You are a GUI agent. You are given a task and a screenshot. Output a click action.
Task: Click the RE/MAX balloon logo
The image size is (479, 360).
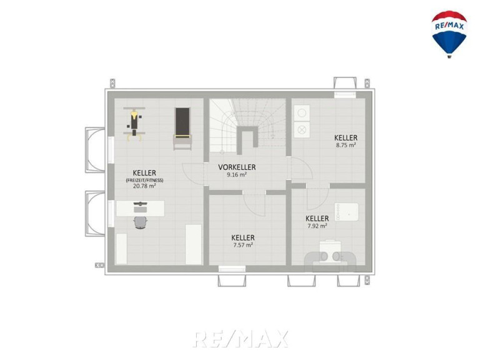[x=449, y=34]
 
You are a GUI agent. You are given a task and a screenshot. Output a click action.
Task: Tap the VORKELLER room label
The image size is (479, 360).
[x=237, y=167]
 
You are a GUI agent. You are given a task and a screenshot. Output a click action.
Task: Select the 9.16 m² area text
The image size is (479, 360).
[x=237, y=175]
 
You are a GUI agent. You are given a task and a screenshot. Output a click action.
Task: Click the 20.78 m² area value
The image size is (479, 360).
[x=144, y=186]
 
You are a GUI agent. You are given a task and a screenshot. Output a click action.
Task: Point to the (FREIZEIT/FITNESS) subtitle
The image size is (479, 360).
[x=144, y=180]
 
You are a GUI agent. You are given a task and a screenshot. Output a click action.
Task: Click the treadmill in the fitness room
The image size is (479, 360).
[x=183, y=128]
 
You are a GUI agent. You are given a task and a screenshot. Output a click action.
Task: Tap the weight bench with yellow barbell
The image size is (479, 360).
[x=134, y=124]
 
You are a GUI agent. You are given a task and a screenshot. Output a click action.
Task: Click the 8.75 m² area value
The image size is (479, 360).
[x=346, y=145]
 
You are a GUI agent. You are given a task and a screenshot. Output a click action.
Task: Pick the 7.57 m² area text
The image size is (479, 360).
[x=243, y=245]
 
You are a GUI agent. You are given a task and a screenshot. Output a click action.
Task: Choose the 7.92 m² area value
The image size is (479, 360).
[x=317, y=226]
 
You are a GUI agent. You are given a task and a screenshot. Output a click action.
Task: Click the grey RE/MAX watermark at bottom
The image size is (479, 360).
[x=240, y=339]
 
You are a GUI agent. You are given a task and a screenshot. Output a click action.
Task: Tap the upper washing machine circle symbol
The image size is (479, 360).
[x=302, y=113]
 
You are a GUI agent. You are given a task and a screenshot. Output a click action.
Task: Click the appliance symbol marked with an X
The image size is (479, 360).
[x=302, y=129]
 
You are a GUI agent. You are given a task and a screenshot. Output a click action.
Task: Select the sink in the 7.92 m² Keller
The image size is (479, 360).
[x=347, y=212]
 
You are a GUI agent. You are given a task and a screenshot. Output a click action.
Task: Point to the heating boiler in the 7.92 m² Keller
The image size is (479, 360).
[x=330, y=256]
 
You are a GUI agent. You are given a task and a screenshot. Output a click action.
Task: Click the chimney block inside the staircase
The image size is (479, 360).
[x=248, y=139]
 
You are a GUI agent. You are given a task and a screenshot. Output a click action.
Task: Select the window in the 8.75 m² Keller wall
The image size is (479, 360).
[x=345, y=94]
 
